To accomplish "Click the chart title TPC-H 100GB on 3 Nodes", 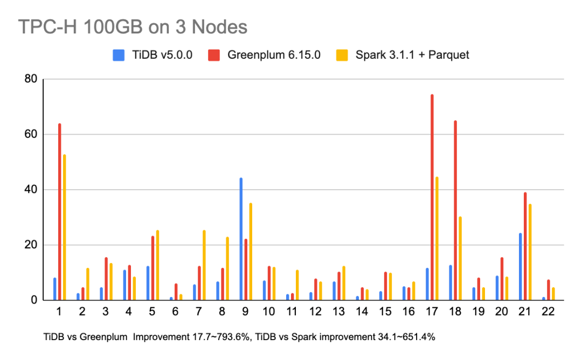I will pos(133,26).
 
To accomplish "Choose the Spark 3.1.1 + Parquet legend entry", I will pos(403,54).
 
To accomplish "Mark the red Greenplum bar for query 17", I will pos(432,197).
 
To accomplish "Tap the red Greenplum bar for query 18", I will pos(455,210).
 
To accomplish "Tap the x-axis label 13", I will pos(339,313).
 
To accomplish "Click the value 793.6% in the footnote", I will pos(232,338).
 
